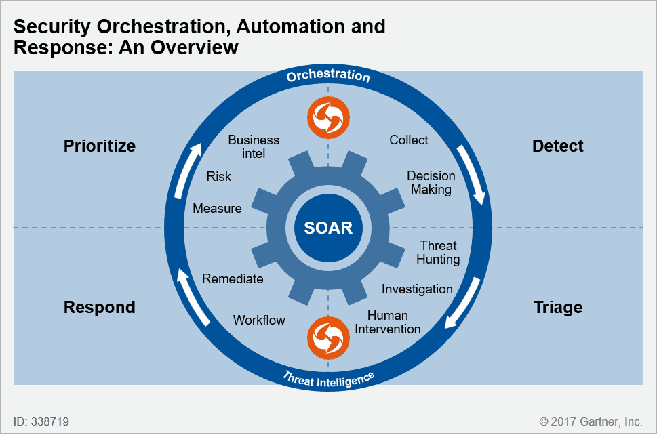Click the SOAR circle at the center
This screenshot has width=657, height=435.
coord(328,228)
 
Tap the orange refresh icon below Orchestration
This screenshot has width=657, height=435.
coord(328,118)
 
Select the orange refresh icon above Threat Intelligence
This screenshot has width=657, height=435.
coord(328,338)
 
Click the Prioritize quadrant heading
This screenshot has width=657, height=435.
coord(99,146)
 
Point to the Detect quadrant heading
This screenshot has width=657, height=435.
coord(558,146)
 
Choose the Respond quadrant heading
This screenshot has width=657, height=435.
coord(99,308)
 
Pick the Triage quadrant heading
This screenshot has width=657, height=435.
coord(558,308)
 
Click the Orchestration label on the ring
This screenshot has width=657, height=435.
coord(328,75)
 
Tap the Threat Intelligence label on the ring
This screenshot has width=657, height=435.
coord(328,379)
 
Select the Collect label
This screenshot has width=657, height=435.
coord(409,140)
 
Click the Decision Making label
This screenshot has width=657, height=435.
coord(431,182)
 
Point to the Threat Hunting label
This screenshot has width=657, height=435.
coord(438,252)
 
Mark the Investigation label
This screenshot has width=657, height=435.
coord(417,289)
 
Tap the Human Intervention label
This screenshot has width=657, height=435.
coord(388,322)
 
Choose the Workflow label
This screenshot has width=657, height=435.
coord(259,320)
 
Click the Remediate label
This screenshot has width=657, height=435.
coord(233,279)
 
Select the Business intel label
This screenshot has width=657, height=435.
coord(254,146)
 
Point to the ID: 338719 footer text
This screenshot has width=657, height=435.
coord(41,421)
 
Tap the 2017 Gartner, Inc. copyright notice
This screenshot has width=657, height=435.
coord(591,421)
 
